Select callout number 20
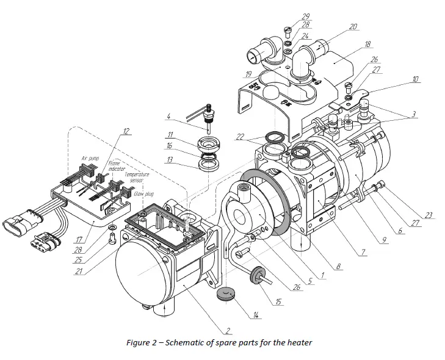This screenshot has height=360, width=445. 352,27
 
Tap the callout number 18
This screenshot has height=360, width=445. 367,45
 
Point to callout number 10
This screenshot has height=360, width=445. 414,79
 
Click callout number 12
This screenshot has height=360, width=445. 126,131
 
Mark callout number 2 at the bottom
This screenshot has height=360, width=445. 228,331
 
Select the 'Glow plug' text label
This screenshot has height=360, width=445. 144,193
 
